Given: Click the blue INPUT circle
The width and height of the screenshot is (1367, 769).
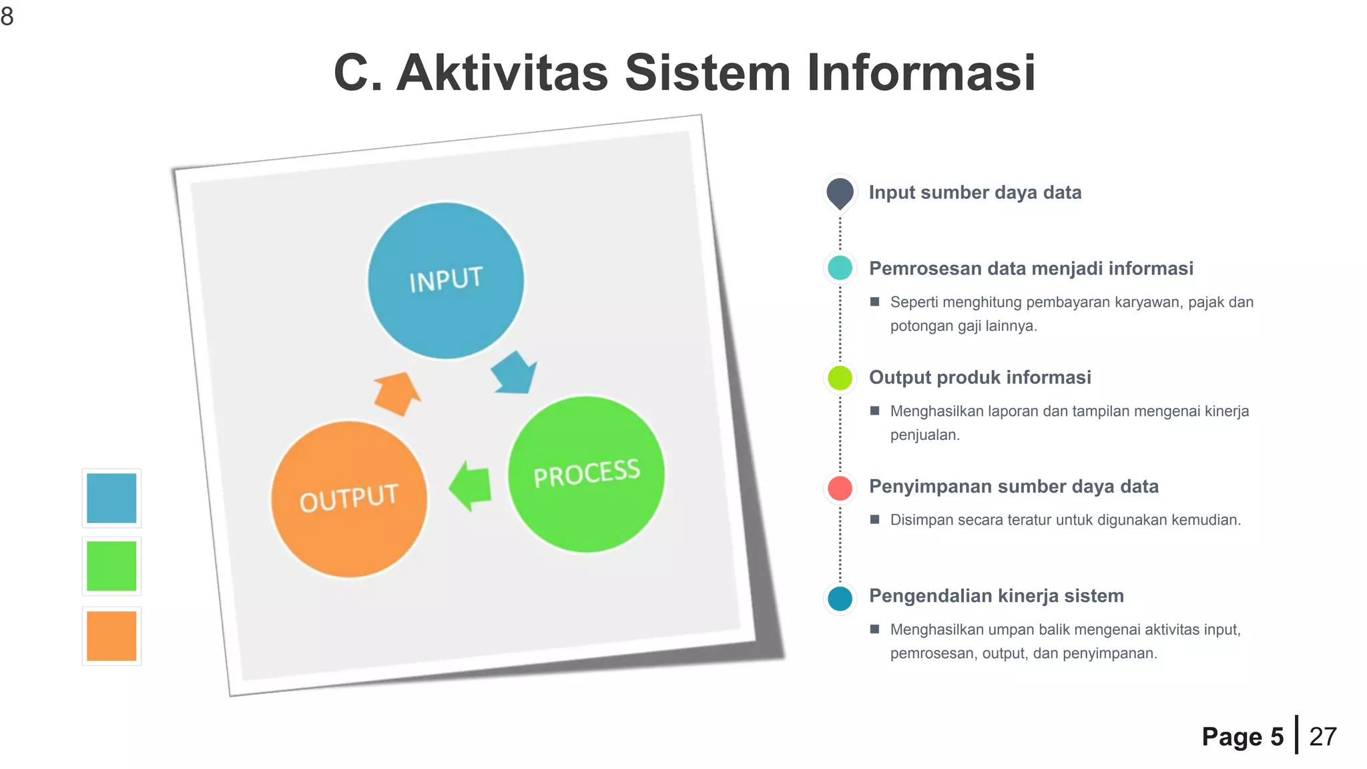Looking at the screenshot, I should point(446,280).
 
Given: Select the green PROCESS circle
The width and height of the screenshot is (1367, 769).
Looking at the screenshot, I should point(586,474).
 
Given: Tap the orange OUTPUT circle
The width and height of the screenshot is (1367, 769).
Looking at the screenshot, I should point(349,499).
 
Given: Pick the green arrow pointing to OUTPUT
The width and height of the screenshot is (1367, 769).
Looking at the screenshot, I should point(471,486).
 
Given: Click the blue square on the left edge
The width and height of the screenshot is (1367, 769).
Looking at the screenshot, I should point(111,498).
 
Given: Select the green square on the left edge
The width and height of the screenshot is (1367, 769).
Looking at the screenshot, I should point(111,566).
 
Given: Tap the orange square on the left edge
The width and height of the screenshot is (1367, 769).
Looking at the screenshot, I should point(111,635).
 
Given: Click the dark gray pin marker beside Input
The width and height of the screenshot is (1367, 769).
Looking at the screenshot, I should point(840,193).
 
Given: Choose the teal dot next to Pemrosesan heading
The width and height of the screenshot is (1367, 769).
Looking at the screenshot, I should point(840,268).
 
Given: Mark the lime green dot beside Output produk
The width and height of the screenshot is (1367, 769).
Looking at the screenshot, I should point(840,378).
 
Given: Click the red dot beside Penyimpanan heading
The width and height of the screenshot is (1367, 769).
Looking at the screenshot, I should point(840,488).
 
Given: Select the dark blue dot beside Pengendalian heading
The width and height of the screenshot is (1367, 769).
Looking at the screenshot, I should point(840,598).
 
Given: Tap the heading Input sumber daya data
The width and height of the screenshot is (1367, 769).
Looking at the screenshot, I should point(975,192).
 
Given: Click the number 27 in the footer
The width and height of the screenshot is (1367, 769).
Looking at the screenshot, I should point(1322,736).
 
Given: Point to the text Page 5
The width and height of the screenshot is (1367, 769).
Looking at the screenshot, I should point(1242,736).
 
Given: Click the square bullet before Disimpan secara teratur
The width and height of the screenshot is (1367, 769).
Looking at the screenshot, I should point(874,519).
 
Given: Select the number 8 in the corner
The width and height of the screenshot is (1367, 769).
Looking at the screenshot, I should point(7,16).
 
